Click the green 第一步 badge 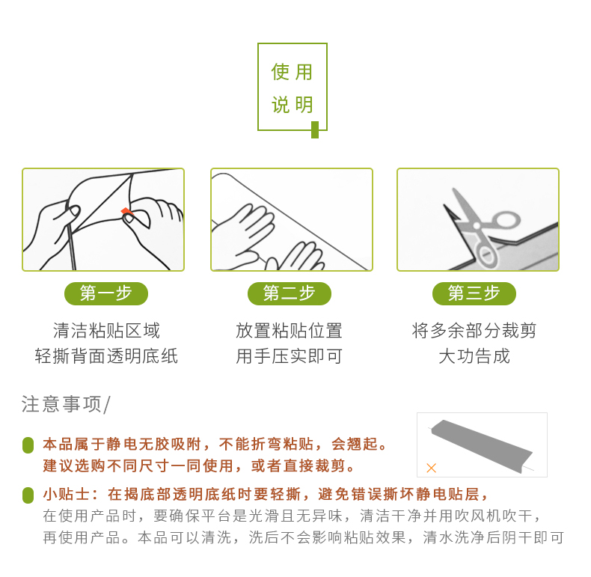click(106, 294)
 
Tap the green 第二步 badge click(289, 294)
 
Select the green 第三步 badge click(474, 294)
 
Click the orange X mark click(431, 468)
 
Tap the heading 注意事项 click(61, 404)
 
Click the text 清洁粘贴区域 click(106, 331)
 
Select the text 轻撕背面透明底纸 click(106, 356)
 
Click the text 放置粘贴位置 click(289, 331)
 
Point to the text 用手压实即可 click(289, 356)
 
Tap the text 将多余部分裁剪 click(474, 331)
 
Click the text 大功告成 click(474, 356)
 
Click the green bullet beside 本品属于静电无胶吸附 click(28, 445)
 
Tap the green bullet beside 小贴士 click(28, 495)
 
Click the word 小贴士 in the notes click(66, 495)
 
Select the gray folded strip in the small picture click(482, 445)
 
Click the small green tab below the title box click(315, 129)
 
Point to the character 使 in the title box click(280, 72)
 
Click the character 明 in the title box click(304, 105)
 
